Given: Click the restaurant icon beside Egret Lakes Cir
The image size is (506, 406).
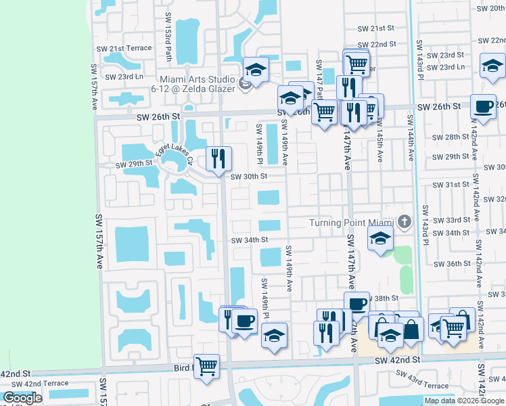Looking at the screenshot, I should click(218, 159).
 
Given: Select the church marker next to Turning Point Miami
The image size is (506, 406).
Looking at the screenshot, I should click(404, 221).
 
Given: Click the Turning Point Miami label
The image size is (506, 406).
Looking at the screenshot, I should click(351, 223).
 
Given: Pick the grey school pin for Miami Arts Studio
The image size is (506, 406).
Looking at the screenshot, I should click(246, 84).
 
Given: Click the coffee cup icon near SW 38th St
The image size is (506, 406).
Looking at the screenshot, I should click(356, 304).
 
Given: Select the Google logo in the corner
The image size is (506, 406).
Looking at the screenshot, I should click(22, 398).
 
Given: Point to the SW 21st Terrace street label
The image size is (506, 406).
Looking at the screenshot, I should click(124, 49).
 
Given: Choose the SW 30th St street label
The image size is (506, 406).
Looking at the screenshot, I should click(250, 177).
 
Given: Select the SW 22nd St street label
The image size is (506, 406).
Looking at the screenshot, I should click(377, 44).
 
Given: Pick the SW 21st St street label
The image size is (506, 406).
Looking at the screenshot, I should click(375, 28).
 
